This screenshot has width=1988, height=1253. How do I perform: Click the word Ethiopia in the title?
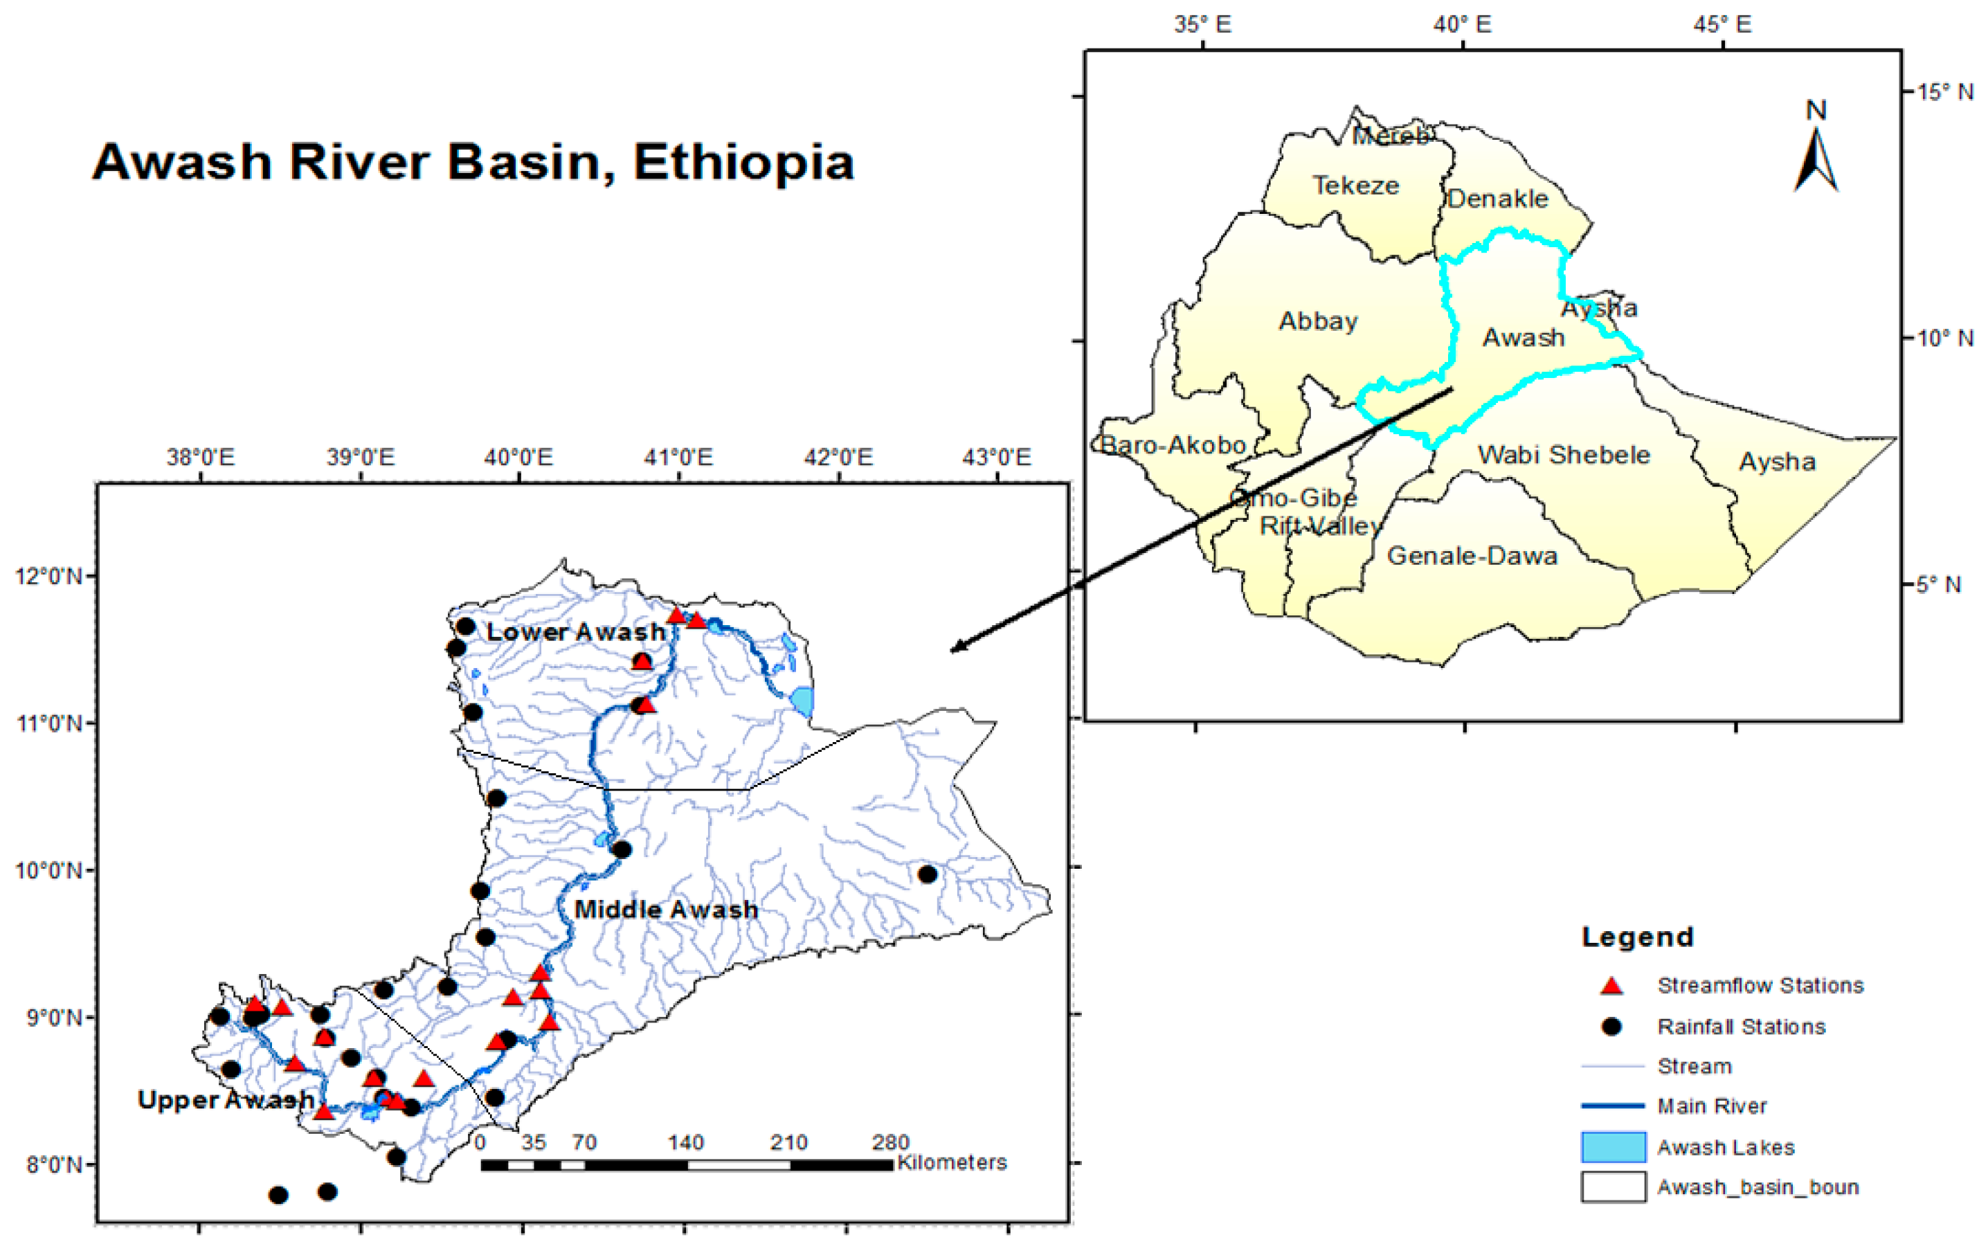(743, 163)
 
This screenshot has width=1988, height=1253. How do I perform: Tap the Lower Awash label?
(575, 632)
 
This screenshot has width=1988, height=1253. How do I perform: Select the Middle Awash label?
(665, 910)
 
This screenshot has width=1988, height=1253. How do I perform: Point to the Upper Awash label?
(224, 1100)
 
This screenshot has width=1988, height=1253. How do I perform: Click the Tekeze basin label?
(1355, 186)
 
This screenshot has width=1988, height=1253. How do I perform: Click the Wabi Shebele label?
(1564, 455)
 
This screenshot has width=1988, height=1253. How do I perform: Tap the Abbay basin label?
(1318, 321)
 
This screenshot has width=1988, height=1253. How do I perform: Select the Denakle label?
(1497, 199)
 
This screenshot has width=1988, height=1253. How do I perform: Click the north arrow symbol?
(1816, 157)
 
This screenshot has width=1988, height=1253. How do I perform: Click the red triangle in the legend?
(1611, 986)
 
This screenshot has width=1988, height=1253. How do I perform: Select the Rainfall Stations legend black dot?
(1611, 1026)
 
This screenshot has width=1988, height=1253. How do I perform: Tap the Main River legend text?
(1711, 1106)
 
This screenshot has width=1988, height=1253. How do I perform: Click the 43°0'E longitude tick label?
(997, 456)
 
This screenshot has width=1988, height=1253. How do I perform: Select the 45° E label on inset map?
(1722, 25)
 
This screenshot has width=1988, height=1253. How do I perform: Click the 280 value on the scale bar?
(890, 1142)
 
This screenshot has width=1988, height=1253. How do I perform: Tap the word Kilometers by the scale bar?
(952, 1162)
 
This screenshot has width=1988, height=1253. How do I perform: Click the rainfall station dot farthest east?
(927, 874)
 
